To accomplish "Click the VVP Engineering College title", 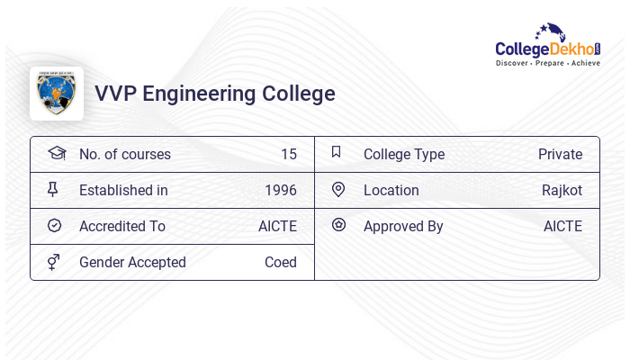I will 215,94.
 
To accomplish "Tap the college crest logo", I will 57,94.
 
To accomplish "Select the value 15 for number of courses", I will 288,154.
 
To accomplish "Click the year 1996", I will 281,190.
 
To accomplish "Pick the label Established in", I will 123,190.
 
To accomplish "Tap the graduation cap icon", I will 56,153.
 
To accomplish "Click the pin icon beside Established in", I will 53,189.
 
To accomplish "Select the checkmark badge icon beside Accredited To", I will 54,226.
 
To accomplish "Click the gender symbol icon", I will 54,262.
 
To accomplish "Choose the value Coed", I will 281,262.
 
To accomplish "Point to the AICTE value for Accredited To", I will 277,226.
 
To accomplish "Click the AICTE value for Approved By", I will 562,226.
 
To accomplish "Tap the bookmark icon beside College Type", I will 337,152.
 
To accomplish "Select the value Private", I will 560,154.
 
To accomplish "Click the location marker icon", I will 338,189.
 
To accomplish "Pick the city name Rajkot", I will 562,190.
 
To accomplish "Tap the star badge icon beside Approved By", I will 338,225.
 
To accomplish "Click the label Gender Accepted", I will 132,262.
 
